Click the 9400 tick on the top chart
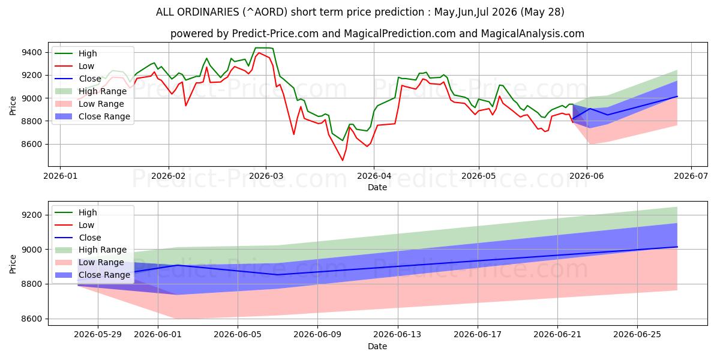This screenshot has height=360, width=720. pos(31,52)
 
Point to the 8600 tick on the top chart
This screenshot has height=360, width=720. pos(31,145)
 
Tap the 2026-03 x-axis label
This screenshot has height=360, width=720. pos(266,176)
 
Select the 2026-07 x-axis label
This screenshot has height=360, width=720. pos(691,176)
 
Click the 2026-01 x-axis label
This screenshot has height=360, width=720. pos(60,176)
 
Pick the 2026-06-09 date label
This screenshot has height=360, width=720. pos(317,335)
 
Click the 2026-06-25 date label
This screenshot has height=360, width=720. pos(637,335)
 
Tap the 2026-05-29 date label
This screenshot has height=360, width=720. pos(98,335)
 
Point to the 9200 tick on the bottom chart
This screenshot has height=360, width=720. pos(31,215)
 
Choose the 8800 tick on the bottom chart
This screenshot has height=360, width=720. pos(31,284)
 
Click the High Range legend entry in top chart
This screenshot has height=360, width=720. pos(91,91)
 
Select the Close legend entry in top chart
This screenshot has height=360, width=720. pos(78,79)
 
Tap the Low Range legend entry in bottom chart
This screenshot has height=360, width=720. pos(89,262)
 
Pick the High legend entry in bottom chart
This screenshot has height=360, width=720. pos(76,212)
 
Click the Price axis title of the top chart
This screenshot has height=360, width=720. pos(13,106)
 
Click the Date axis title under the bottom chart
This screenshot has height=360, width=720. pos(377,346)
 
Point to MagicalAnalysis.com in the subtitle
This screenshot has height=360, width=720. pos(533,34)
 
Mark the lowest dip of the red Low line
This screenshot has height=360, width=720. pos(343,160)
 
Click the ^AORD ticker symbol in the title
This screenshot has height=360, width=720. pos(265,12)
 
